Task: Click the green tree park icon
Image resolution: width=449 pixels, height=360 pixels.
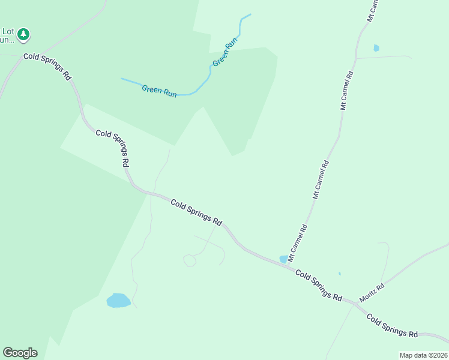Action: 23,35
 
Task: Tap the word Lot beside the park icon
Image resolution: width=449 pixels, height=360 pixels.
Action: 8,31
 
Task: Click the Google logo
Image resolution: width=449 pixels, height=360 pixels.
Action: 20,353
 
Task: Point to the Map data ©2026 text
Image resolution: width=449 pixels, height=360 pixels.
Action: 423,355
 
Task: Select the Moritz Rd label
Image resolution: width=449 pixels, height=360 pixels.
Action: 371,292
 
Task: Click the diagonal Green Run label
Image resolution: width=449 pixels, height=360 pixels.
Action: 225,52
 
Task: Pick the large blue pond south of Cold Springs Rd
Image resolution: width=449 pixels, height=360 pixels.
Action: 118,300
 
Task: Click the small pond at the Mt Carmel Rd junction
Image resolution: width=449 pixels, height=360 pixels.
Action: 283,259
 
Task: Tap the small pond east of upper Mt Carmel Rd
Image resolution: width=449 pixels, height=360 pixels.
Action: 376,48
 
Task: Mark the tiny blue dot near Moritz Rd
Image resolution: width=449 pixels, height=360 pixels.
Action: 339,274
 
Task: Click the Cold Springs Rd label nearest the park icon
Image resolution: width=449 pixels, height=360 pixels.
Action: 48,67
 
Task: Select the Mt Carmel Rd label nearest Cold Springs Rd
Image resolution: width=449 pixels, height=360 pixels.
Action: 297,242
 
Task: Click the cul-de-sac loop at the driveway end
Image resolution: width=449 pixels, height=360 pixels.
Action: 190,260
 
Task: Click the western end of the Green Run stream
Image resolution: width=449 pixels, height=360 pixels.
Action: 122,79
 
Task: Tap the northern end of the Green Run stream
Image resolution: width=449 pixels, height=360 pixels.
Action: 250,14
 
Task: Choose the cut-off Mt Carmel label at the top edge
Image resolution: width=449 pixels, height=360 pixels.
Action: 372,11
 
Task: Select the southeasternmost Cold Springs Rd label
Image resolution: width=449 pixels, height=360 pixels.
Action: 391,326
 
